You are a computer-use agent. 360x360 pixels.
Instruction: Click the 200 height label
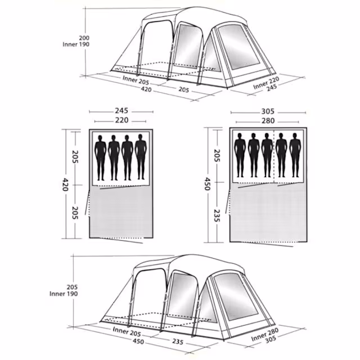84,38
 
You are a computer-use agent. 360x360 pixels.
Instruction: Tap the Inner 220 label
266,83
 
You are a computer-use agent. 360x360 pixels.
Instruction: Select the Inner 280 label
265,334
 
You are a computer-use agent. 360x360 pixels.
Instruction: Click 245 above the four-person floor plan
121,111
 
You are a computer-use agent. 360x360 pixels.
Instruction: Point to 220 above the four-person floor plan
121,120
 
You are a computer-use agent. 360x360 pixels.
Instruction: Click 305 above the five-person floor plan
268,111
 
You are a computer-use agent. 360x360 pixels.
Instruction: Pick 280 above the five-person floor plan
268,121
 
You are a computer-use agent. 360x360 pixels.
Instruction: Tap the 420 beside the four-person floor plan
65,184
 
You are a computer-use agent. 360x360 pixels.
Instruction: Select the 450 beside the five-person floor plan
208,184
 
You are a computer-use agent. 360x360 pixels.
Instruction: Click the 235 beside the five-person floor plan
217,215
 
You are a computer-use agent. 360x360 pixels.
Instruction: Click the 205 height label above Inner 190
73,287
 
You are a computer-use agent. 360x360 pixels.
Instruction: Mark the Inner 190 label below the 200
76,44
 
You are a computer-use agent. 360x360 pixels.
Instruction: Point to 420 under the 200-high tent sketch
146,89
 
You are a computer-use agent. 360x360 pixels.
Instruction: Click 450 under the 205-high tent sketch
138,341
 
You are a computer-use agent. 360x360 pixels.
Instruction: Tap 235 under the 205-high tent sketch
178,341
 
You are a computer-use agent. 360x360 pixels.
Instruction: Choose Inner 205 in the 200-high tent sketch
136,80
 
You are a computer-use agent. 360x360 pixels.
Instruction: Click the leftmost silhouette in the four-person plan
100,157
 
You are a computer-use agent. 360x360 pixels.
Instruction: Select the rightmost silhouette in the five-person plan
295,155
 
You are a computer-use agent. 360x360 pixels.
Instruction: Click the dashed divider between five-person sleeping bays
274,156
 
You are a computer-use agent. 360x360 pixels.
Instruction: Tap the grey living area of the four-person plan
121,212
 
